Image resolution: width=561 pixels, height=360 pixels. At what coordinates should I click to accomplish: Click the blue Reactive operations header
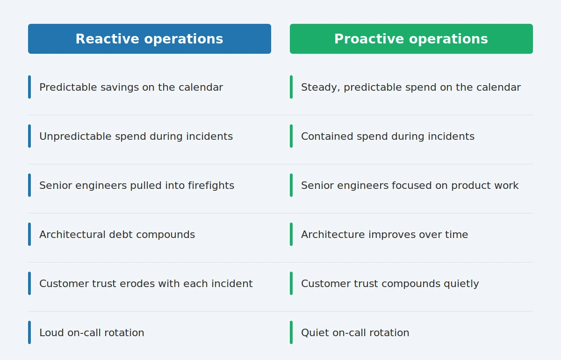point(150,39)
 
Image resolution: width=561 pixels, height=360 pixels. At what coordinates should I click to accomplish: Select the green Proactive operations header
point(411,39)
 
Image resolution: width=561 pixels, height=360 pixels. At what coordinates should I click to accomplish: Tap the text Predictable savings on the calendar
point(131,87)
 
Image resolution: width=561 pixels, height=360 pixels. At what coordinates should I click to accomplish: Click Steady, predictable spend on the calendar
point(411,87)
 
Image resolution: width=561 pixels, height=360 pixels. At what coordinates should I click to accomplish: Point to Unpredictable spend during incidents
point(136,136)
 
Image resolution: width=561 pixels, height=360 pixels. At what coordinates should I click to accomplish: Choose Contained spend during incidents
point(388,136)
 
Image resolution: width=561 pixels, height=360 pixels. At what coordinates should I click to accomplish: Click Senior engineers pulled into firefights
point(137,186)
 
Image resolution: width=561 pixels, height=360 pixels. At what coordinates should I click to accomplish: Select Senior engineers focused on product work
point(410,186)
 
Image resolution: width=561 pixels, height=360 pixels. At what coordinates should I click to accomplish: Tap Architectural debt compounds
point(117,235)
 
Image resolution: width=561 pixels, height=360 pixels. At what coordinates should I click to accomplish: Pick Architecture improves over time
point(384,235)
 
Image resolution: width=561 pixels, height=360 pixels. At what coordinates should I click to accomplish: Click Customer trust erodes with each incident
point(146,284)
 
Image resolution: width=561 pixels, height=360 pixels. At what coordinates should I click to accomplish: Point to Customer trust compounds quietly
point(390,284)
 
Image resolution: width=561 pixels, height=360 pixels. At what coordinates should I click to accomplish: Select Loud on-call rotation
point(92,333)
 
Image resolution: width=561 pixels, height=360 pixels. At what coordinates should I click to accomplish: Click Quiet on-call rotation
point(355,333)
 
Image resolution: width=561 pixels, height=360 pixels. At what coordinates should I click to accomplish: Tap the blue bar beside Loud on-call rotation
point(29,332)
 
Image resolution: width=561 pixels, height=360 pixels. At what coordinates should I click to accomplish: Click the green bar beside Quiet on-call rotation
point(291,332)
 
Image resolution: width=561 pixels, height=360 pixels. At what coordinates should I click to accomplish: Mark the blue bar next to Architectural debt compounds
point(29,234)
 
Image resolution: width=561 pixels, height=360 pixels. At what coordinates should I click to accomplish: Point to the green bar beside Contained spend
point(291,136)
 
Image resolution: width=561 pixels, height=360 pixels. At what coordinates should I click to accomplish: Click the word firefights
point(211,186)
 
